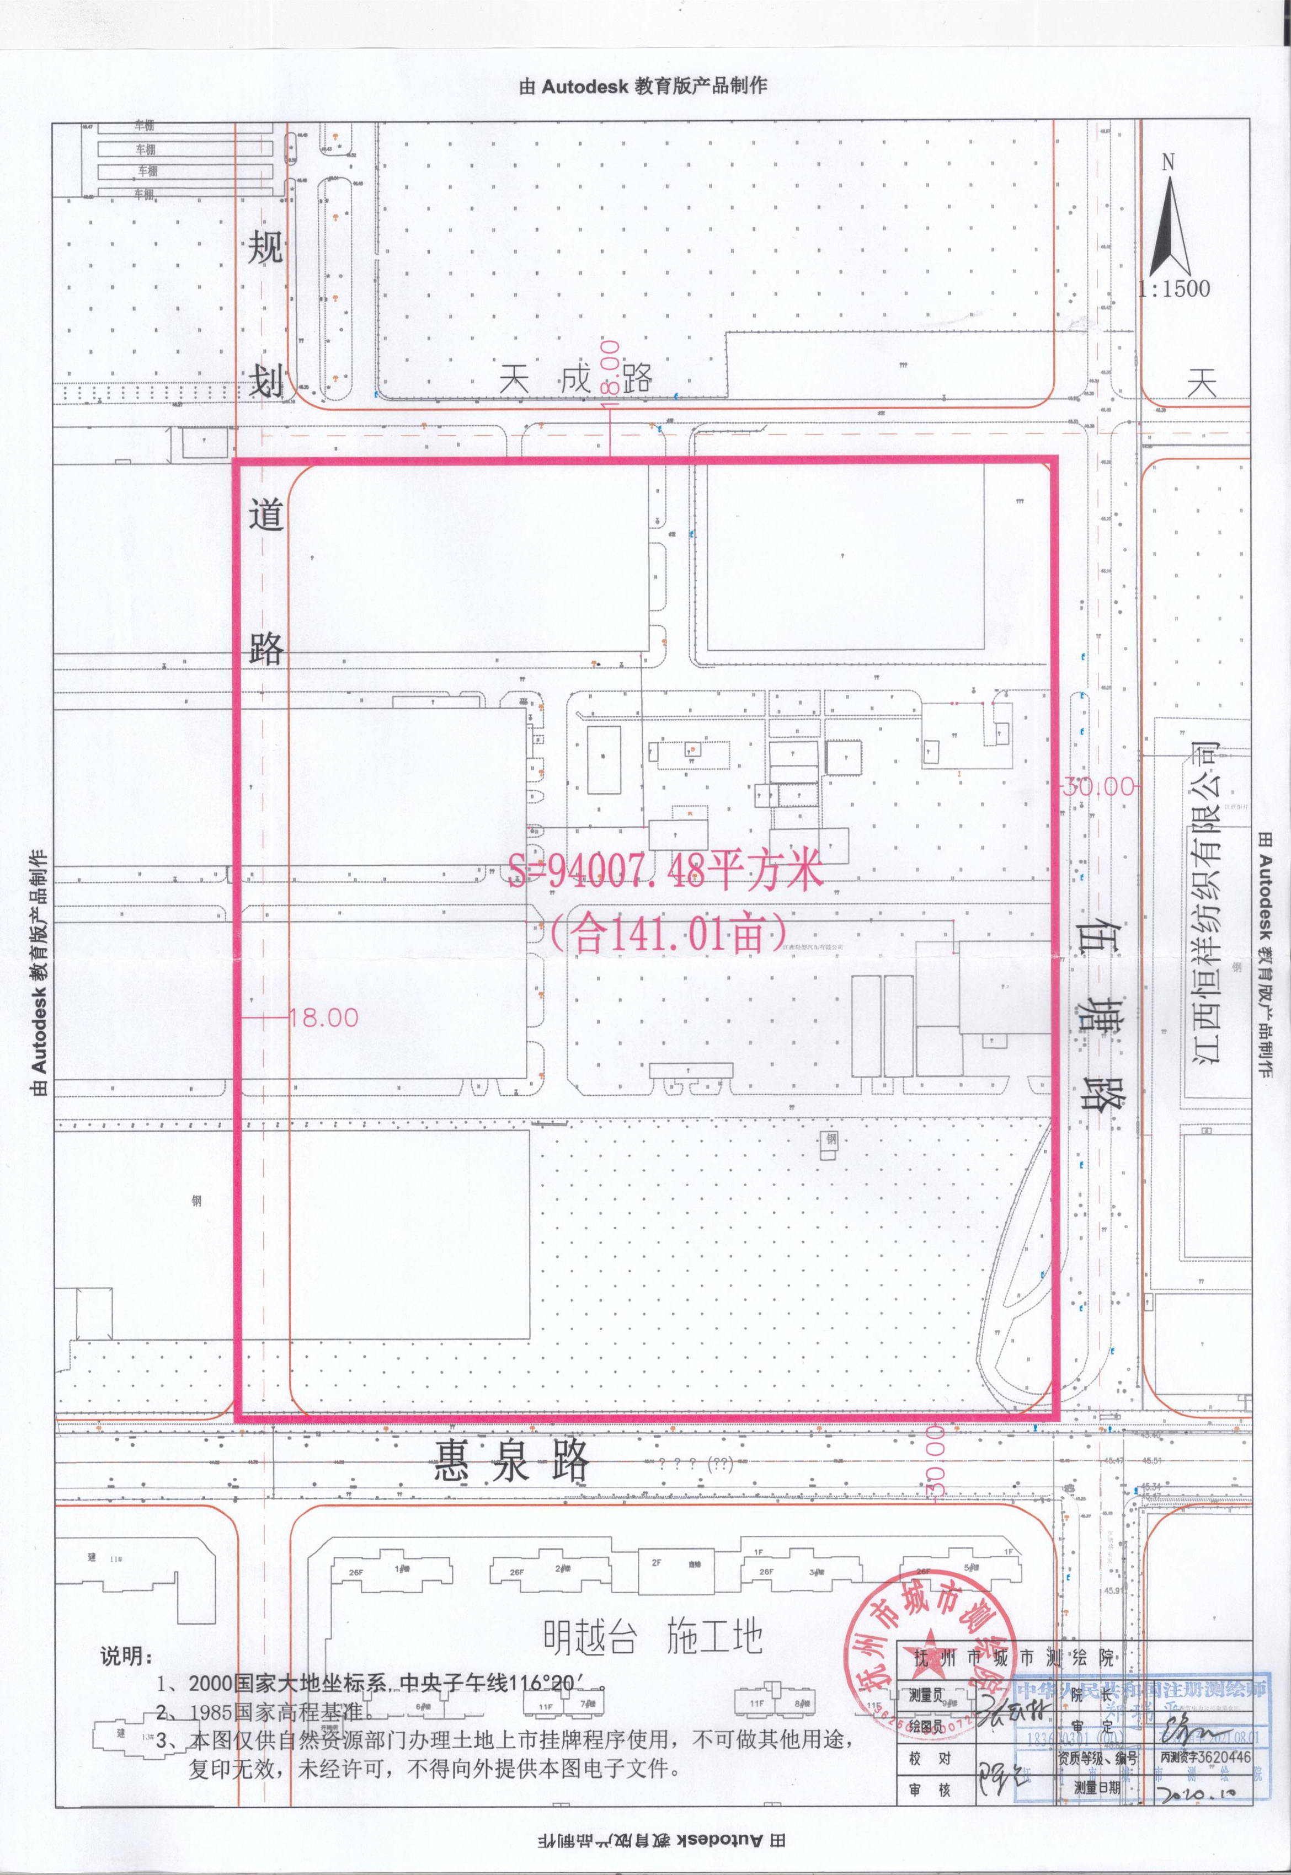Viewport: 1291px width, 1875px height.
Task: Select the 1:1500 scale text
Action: pos(1173,288)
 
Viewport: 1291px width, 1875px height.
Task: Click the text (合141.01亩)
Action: pos(668,935)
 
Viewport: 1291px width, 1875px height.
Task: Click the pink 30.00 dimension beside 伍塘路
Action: pos(1098,786)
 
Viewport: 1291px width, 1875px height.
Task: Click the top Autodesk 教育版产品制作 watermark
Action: pos(643,85)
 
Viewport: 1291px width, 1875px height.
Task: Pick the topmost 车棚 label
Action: pos(145,126)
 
